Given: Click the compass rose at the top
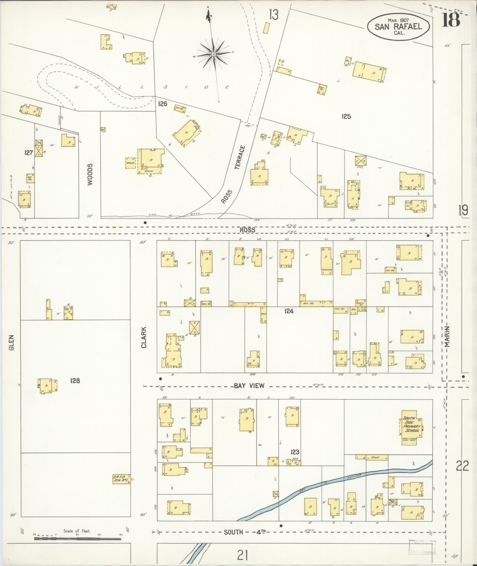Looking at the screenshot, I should click(x=214, y=54).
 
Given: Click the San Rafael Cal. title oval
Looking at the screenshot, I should click(x=398, y=26).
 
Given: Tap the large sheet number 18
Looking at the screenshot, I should click(x=452, y=20).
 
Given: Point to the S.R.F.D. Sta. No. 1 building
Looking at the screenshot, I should click(x=121, y=479).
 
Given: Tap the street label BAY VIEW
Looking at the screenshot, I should click(x=249, y=386).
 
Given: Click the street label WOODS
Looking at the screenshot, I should click(x=90, y=174).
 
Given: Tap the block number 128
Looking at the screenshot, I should click(x=75, y=380).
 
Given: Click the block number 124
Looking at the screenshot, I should click(x=289, y=311).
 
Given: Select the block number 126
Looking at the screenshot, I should click(x=163, y=104).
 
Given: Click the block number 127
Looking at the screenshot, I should click(x=28, y=153).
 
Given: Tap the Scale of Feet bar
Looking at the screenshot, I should click(x=77, y=539).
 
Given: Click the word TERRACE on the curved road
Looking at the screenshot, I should click(x=240, y=157).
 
